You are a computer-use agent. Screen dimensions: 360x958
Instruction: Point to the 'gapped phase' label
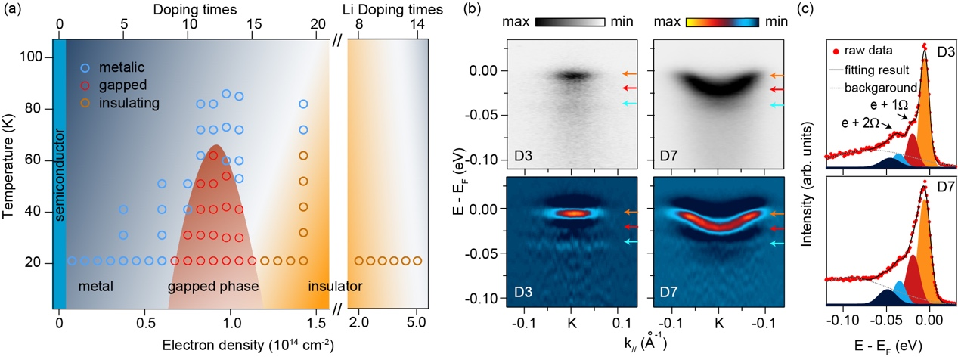click(x=213, y=287)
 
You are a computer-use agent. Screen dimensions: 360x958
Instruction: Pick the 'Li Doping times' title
click(x=387, y=10)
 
